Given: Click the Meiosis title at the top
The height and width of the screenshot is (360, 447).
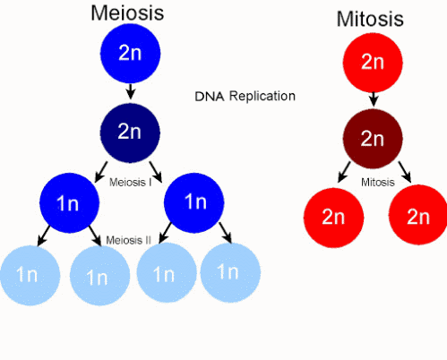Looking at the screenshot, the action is [x=127, y=13].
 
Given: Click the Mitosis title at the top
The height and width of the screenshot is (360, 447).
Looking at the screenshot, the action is [x=370, y=19].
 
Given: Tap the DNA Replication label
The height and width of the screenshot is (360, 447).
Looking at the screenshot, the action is [x=245, y=96].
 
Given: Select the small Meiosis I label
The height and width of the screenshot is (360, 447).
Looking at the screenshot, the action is [x=131, y=182].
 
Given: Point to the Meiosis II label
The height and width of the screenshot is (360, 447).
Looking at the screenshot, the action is [x=129, y=240].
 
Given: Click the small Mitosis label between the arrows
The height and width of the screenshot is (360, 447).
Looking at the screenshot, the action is [x=378, y=182].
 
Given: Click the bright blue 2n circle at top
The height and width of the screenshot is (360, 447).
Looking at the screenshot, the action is [x=130, y=54].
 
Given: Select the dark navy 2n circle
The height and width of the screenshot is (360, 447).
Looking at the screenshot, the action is [x=130, y=133].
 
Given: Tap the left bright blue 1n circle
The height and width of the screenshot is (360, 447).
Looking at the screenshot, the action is [x=69, y=203].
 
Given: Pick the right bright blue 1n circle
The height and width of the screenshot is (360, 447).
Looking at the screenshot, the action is [x=193, y=203].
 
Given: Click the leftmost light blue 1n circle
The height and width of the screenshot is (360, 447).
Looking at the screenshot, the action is [x=30, y=275].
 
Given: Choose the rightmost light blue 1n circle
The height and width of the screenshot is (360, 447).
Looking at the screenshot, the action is [x=230, y=272].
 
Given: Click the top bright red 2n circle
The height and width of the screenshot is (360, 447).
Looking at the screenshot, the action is [x=373, y=63].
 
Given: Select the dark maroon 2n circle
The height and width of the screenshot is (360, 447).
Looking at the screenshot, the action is [x=373, y=139].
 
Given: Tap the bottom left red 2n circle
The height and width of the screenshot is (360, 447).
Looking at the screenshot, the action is [x=333, y=218].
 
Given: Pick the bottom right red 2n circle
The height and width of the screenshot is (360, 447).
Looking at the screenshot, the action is [x=418, y=215].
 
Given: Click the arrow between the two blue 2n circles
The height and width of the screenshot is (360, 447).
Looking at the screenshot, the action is [x=130, y=91].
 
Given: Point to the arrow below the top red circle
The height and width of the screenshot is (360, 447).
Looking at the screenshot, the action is [x=374, y=99].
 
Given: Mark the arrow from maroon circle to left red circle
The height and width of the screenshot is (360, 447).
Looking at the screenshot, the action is [x=344, y=172].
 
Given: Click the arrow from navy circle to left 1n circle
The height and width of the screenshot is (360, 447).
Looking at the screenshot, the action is [x=101, y=172].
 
